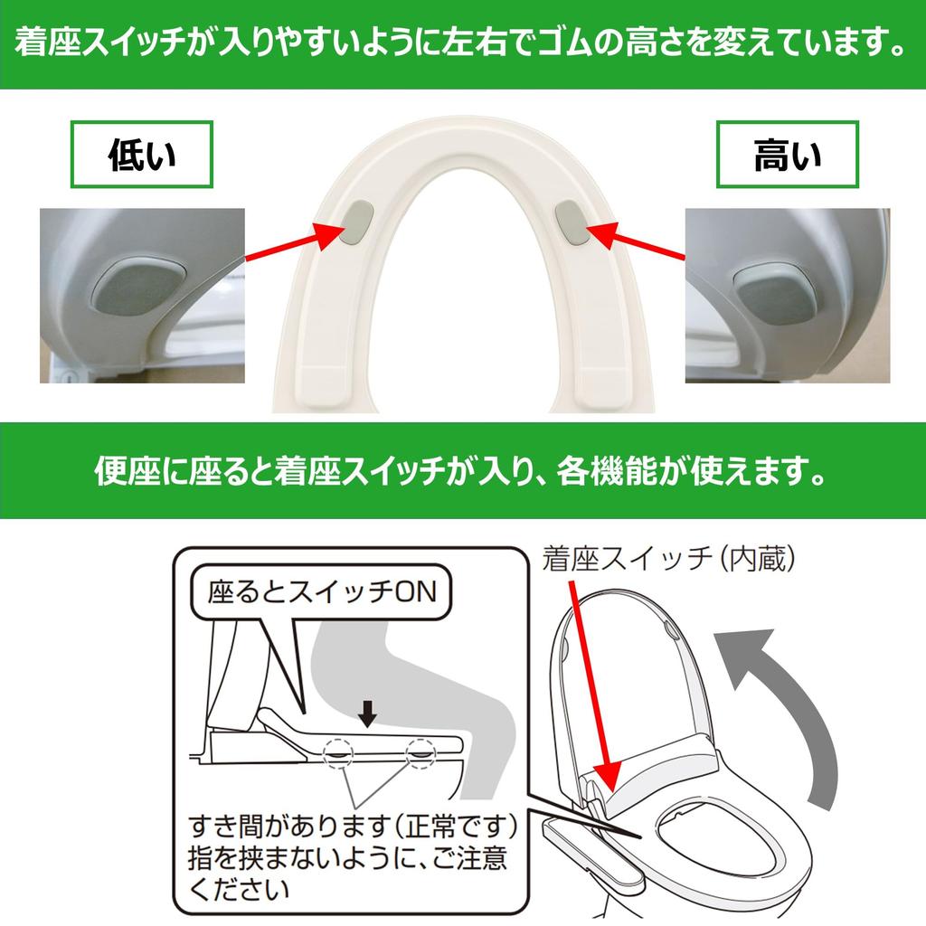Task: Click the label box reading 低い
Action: click(141, 156)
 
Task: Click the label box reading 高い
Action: click(787, 156)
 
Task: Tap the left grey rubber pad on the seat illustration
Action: click(359, 222)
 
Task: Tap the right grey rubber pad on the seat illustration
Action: click(572, 222)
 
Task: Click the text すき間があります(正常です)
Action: click(353, 826)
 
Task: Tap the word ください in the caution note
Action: click(239, 889)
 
